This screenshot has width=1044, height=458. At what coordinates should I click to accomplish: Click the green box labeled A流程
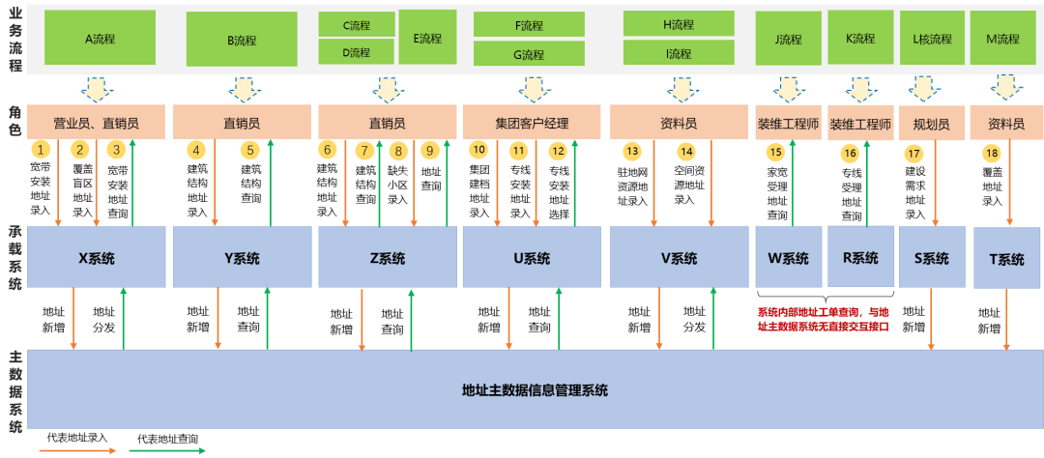(100, 39)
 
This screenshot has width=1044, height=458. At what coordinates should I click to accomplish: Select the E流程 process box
(427, 39)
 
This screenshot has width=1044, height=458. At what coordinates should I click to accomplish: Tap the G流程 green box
(529, 54)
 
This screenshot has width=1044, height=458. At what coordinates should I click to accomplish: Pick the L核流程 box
(932, 39)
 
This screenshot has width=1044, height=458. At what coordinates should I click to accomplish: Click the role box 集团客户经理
(532, 123)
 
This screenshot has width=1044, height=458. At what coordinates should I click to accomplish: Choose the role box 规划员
(931, 124)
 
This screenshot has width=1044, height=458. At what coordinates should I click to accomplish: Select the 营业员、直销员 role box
(96, 123)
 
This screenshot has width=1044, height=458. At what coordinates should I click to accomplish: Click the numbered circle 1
(41, 150)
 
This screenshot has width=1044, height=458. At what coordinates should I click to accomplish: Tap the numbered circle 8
(397, 151)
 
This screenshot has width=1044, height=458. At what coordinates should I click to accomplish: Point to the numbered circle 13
(632, 151)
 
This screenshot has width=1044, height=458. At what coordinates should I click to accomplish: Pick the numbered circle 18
(991, 154)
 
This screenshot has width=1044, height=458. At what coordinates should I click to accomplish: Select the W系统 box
(789, 258)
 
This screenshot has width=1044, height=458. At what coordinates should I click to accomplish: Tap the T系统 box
(1005, 259)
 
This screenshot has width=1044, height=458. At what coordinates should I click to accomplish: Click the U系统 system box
(532, 258)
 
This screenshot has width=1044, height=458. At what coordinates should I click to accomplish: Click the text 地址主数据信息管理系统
(535, 390)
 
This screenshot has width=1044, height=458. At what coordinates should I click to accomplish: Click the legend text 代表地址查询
(167, 438)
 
